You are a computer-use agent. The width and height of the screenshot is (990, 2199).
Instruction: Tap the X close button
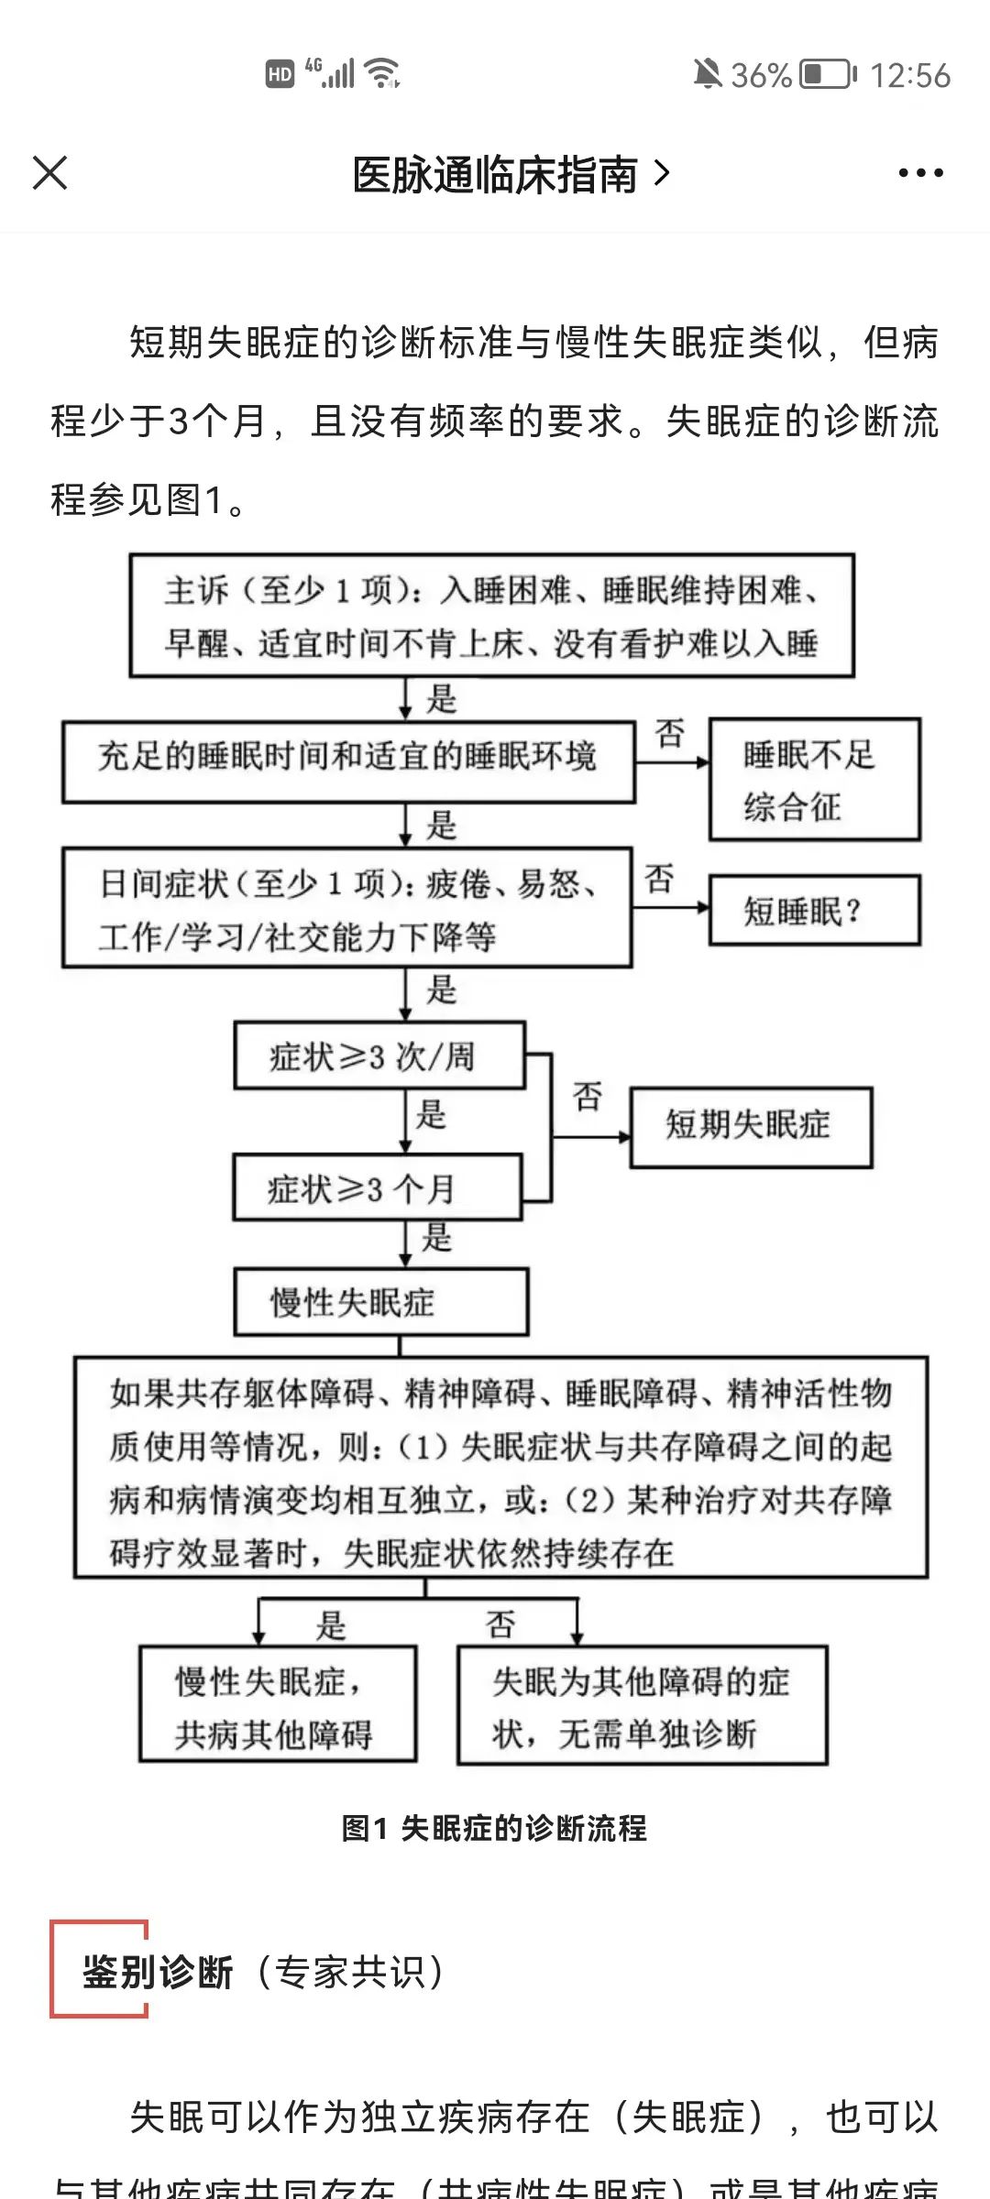(49, 172)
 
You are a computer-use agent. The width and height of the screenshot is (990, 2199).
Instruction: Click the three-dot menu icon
(920, 172)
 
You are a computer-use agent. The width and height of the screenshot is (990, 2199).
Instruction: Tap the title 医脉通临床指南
(495, 174)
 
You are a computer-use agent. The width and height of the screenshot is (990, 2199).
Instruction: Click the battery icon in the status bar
(828, 74)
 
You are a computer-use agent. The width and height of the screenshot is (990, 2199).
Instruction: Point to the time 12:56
(909, 75)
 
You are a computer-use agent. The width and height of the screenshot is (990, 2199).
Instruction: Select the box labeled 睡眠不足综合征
(814, 780)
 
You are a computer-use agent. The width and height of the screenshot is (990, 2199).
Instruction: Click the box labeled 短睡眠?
(814, 910)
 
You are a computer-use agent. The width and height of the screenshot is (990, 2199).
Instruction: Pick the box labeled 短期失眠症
(750, 1126)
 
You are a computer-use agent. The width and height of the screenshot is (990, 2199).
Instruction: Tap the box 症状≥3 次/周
(379, 1056)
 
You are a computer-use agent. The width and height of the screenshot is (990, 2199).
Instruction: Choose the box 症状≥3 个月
(377, 1187)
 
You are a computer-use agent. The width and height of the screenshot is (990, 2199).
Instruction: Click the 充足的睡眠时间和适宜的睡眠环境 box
(348, 761)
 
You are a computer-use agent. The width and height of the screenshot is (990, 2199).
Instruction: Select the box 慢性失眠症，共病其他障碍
(278, 1705)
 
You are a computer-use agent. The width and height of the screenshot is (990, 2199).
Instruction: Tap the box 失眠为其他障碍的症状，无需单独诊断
(642, 1705)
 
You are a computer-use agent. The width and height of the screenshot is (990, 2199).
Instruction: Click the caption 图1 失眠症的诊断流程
(494, 1828)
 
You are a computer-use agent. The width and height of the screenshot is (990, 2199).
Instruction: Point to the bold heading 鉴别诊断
(158, 1972)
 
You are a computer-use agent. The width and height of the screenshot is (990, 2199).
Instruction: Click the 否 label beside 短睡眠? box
(659, 879)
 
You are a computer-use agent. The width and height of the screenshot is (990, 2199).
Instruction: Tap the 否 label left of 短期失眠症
(588, 1096)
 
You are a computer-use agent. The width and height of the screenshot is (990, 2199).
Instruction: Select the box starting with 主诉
(491, 616)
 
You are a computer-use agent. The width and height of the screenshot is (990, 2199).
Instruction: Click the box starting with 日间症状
(346, 908)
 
